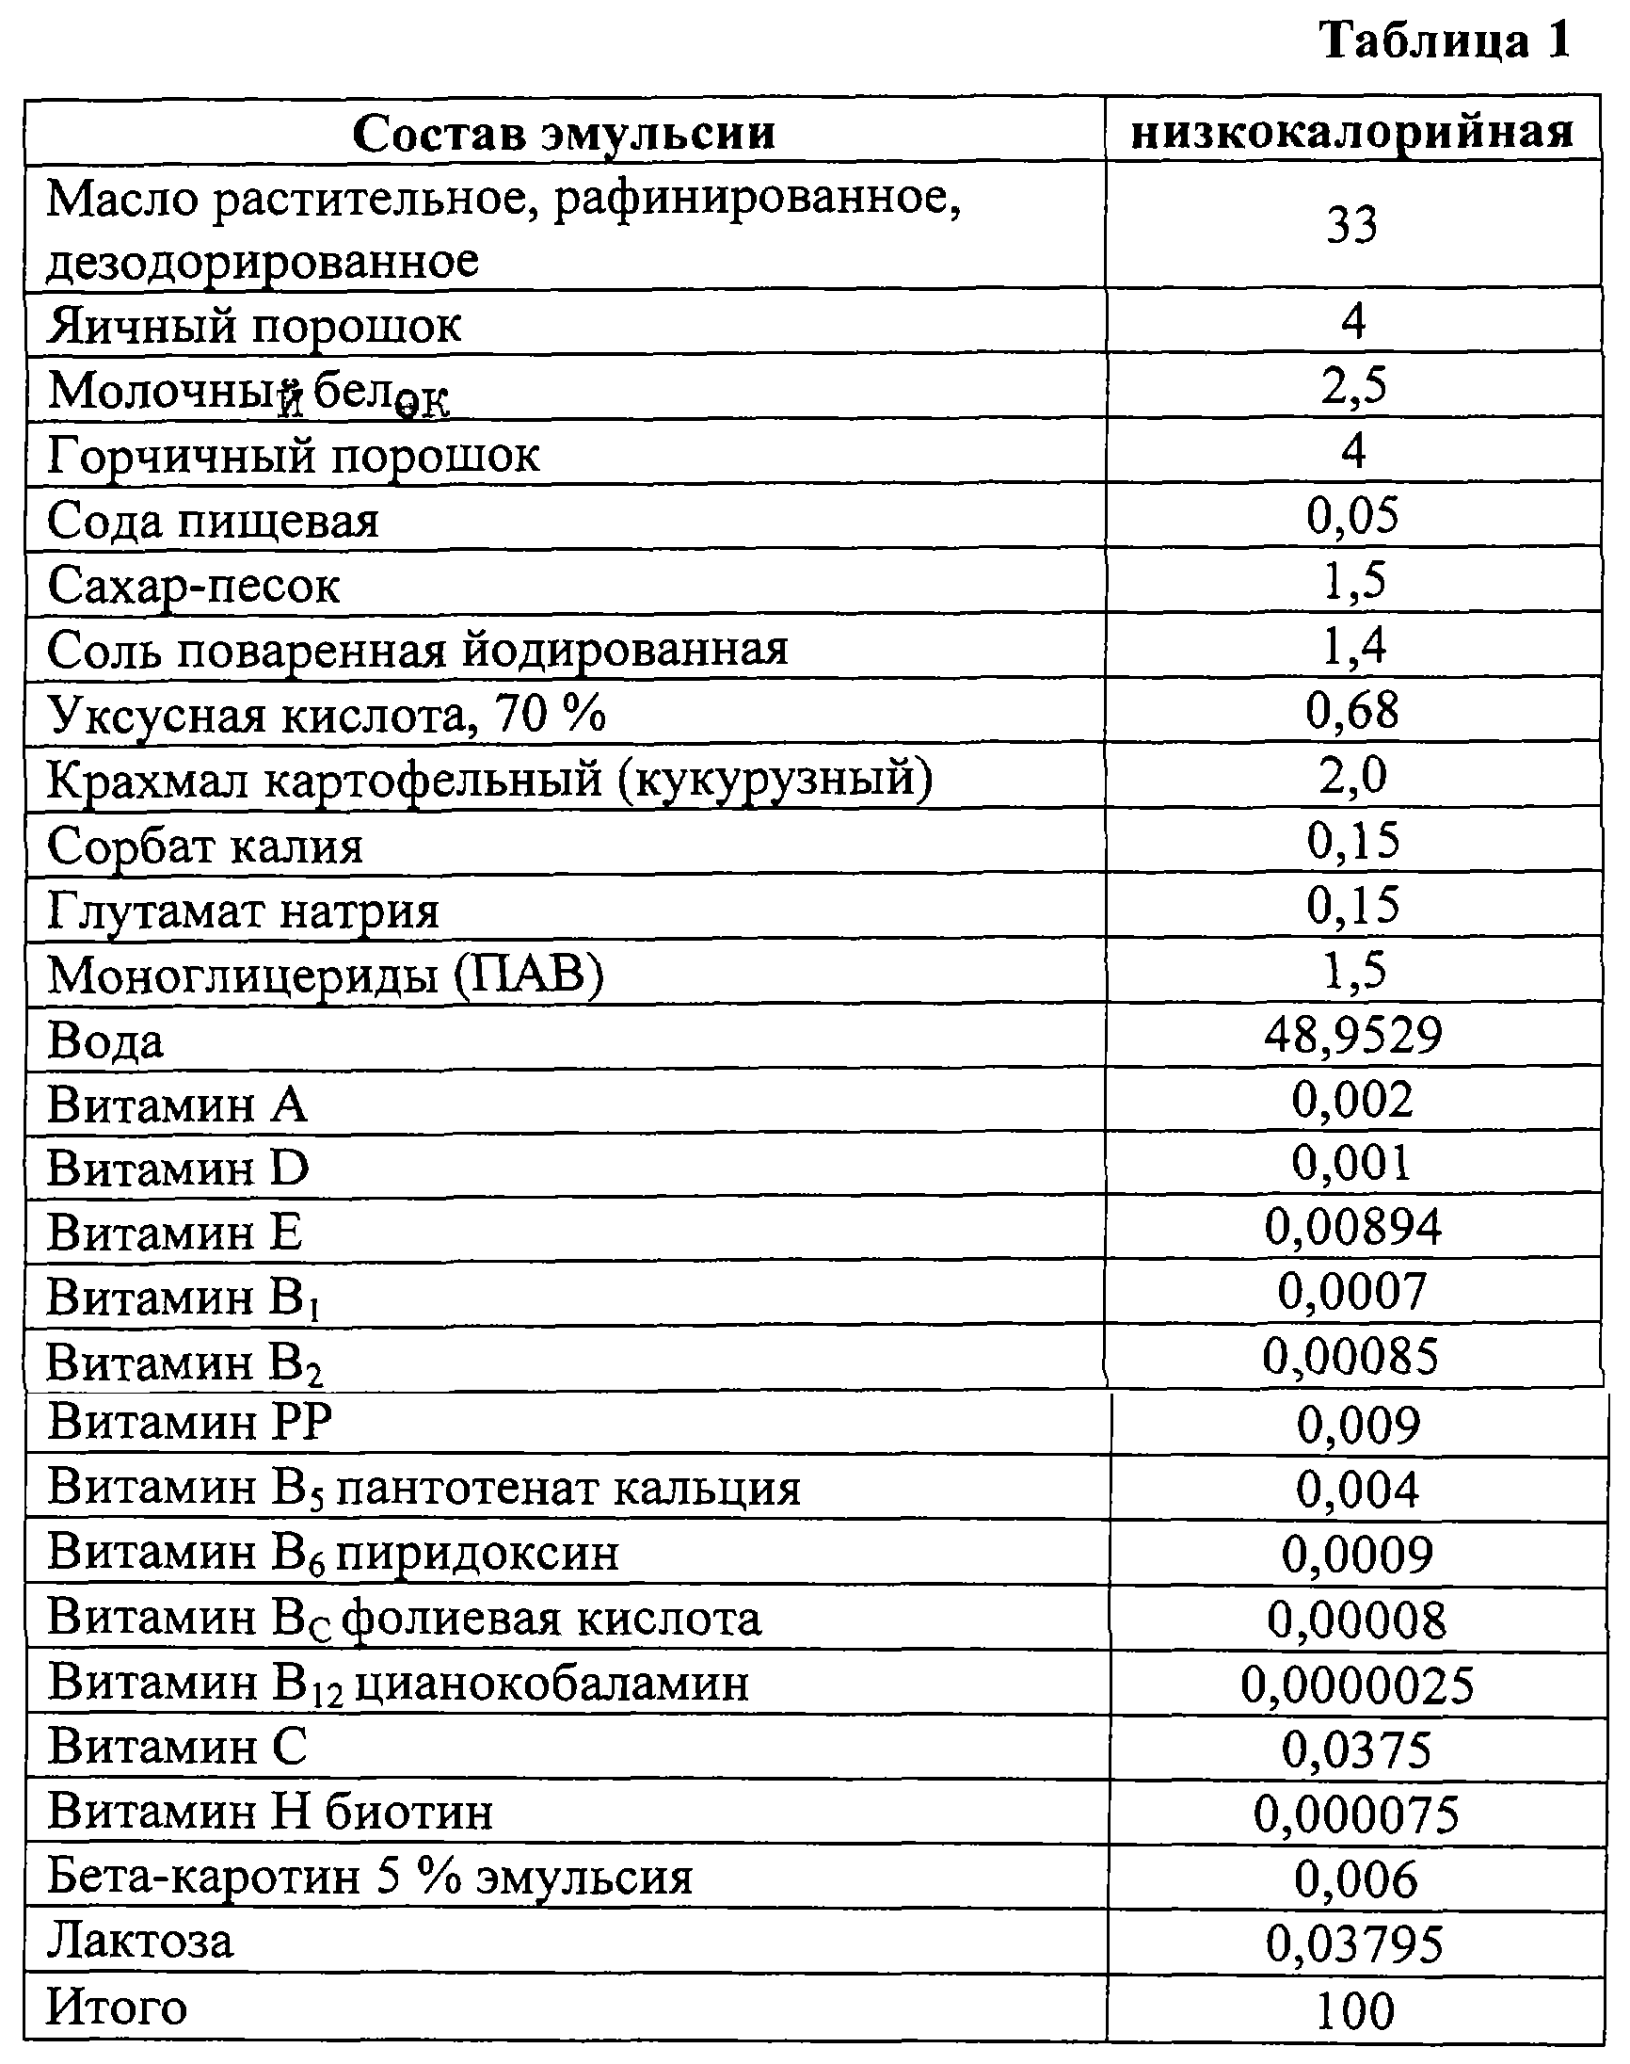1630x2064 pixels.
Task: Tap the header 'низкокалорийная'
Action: click(1352, 133)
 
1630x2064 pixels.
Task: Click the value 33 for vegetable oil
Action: click(1352, 226)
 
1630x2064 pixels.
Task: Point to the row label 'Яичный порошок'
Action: click(254, 326)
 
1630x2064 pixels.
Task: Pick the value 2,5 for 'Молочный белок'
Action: click(1353, 386)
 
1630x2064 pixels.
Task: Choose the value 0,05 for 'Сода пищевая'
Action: click(1352, 515)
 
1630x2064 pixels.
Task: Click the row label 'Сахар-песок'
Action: click(194, 584)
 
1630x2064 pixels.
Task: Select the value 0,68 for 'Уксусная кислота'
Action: click(1352, 711)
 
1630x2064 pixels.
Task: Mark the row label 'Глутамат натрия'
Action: click(244, 910)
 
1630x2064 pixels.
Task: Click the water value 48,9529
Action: click(1352, 1035)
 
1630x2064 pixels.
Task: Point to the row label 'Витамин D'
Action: click(179, 1168)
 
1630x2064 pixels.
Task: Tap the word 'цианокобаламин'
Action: click(551, 1683)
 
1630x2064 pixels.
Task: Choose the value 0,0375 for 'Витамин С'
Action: click(1356, 1750)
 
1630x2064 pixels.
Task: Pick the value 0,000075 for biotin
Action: click(1356, 1814)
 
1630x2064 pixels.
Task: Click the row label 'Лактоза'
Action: click(140, 1942)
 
